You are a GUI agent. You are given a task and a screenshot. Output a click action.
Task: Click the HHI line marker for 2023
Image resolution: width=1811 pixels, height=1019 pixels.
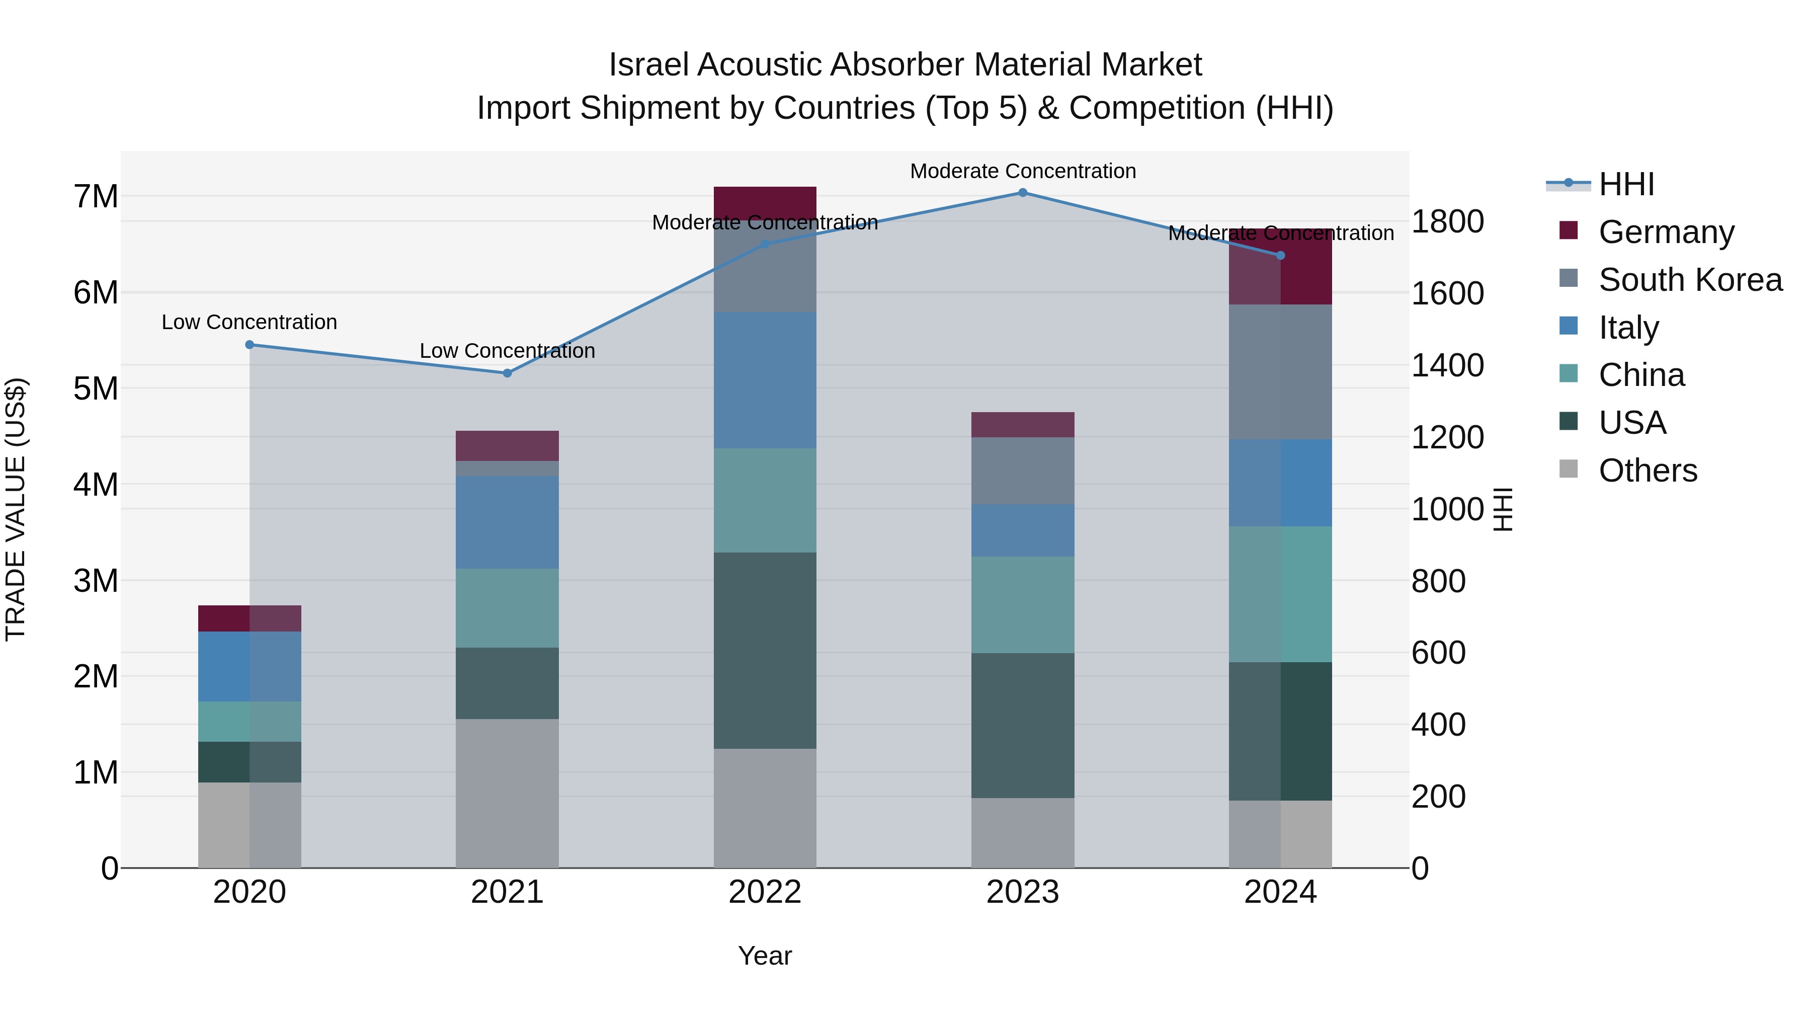click(x=1023, y=193)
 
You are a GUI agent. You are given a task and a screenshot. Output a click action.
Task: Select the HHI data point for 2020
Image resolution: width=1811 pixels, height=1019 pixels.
click(x=250, y=345)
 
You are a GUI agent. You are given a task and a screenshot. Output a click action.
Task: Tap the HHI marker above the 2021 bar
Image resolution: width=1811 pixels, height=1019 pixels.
click(x=507, y=373)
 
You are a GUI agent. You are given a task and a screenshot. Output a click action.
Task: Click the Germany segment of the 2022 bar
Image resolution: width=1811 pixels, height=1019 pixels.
click(x=765, y=202)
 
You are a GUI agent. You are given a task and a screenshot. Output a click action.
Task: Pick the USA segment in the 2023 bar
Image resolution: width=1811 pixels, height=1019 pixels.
click(x=1023, y=725)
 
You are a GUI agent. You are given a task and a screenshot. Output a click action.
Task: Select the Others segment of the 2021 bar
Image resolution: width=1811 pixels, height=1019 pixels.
click(x=507, y=793)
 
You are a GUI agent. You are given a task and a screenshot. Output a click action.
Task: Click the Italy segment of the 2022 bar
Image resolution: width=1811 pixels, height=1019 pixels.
click(x=765, y=380)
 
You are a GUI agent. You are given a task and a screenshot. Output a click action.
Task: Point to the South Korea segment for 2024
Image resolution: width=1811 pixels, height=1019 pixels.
click(x=1280, y=371)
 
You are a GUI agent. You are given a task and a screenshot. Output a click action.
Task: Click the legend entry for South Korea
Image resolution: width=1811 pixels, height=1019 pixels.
click(x=1690, y=280)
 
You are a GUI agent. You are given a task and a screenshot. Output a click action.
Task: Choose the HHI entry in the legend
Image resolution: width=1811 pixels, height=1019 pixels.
click(x=1626, y=184)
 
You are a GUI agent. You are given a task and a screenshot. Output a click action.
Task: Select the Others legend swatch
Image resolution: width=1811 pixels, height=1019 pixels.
click(x=1569, y=469)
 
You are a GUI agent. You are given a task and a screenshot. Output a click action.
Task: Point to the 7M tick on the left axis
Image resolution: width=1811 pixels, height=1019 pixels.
click(x=96, y=196)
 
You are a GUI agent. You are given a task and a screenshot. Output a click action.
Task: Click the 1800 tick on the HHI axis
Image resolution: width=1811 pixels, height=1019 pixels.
click(x=1447, y=221)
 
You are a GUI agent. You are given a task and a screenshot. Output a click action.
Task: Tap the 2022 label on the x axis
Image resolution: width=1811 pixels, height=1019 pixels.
click(x=765, y=892)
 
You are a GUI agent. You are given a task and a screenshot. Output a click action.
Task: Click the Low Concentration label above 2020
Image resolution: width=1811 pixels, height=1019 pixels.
click(x=250, y=322)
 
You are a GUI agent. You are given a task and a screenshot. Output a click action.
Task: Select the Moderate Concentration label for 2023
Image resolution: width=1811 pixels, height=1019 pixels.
click(x=1023, y=171)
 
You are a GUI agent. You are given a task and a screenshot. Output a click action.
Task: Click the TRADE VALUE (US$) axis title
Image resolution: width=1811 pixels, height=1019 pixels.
click(x=16, y=509)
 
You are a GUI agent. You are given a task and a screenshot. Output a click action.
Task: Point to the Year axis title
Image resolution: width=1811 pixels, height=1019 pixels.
click(x=765, y=956)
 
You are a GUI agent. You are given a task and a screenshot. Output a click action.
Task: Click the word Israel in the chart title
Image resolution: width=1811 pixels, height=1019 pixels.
click(x=647, y=65)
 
